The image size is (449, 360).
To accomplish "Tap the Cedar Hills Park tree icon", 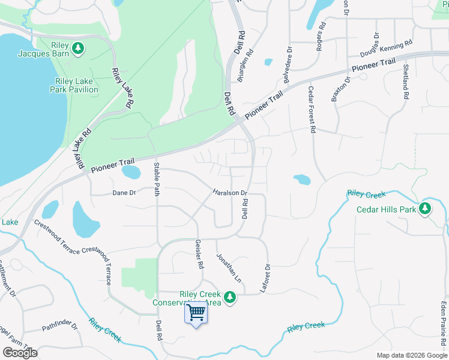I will (x=426, y=208).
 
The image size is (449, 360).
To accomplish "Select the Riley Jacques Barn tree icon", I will (x=77, y=47).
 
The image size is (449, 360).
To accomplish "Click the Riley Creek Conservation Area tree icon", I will (x=229, y=296).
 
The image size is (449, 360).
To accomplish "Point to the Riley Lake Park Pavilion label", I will (x=76, y=85).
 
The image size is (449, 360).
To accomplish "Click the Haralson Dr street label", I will (x=231, y=193).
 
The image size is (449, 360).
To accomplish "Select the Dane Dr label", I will (x=124, y=193).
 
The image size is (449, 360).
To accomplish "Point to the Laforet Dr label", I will (x=265, y=278).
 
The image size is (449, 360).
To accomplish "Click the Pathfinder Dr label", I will (x=60, y=328).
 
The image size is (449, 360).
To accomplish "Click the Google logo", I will (x=20, y=353).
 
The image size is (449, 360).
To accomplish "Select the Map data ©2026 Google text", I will (x=411, y=355).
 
